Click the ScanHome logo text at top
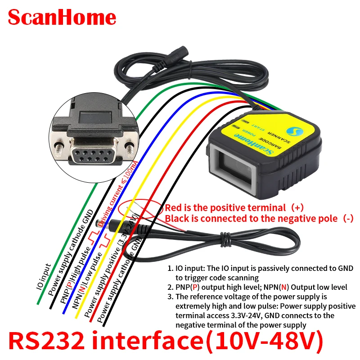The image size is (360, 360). tap(62, 18)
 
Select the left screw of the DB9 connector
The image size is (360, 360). tap(58, 146)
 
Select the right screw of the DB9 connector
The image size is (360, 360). tap(130, 147)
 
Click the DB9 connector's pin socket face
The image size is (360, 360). tap(94, 159)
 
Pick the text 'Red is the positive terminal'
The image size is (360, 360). tap(225, 208)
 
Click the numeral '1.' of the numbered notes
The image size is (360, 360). tap(171, 269)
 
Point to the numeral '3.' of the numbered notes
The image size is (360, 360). tap(171, 297)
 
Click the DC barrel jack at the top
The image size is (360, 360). tap(173, 58)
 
